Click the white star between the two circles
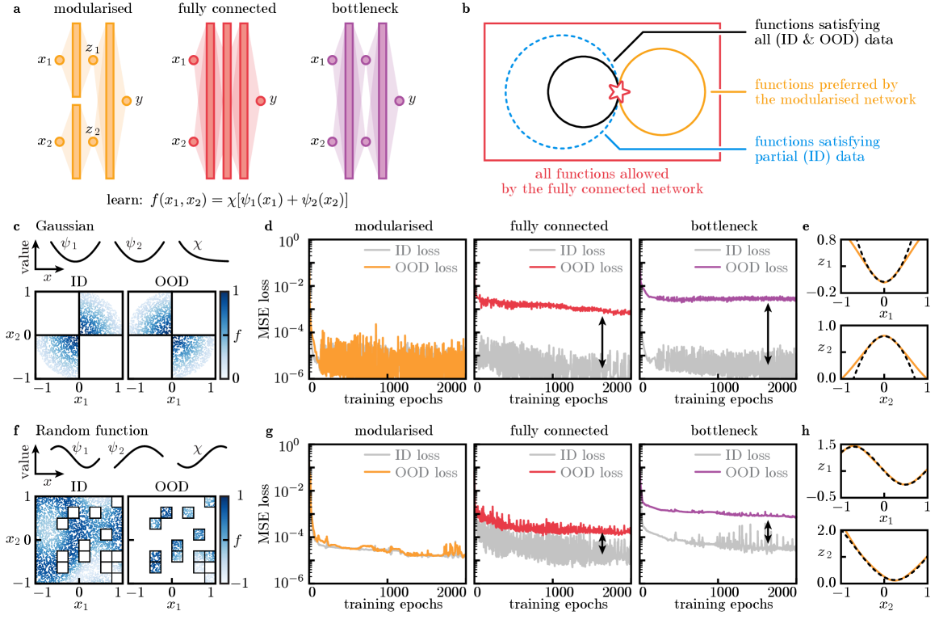click(619, 91)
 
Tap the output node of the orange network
click(127, 100)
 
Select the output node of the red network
click(261, 100)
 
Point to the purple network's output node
click(400, 100)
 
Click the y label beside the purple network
click(413, 100)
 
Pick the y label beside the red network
click(273, 100)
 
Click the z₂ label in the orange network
click(93, 129)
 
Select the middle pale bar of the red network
click(227, 100)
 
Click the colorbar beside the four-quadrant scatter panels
click(225, 334)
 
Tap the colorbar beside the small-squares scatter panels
click(225, 538)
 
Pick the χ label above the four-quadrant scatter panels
click(198, 243)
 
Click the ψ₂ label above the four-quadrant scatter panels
click(134, 243)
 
